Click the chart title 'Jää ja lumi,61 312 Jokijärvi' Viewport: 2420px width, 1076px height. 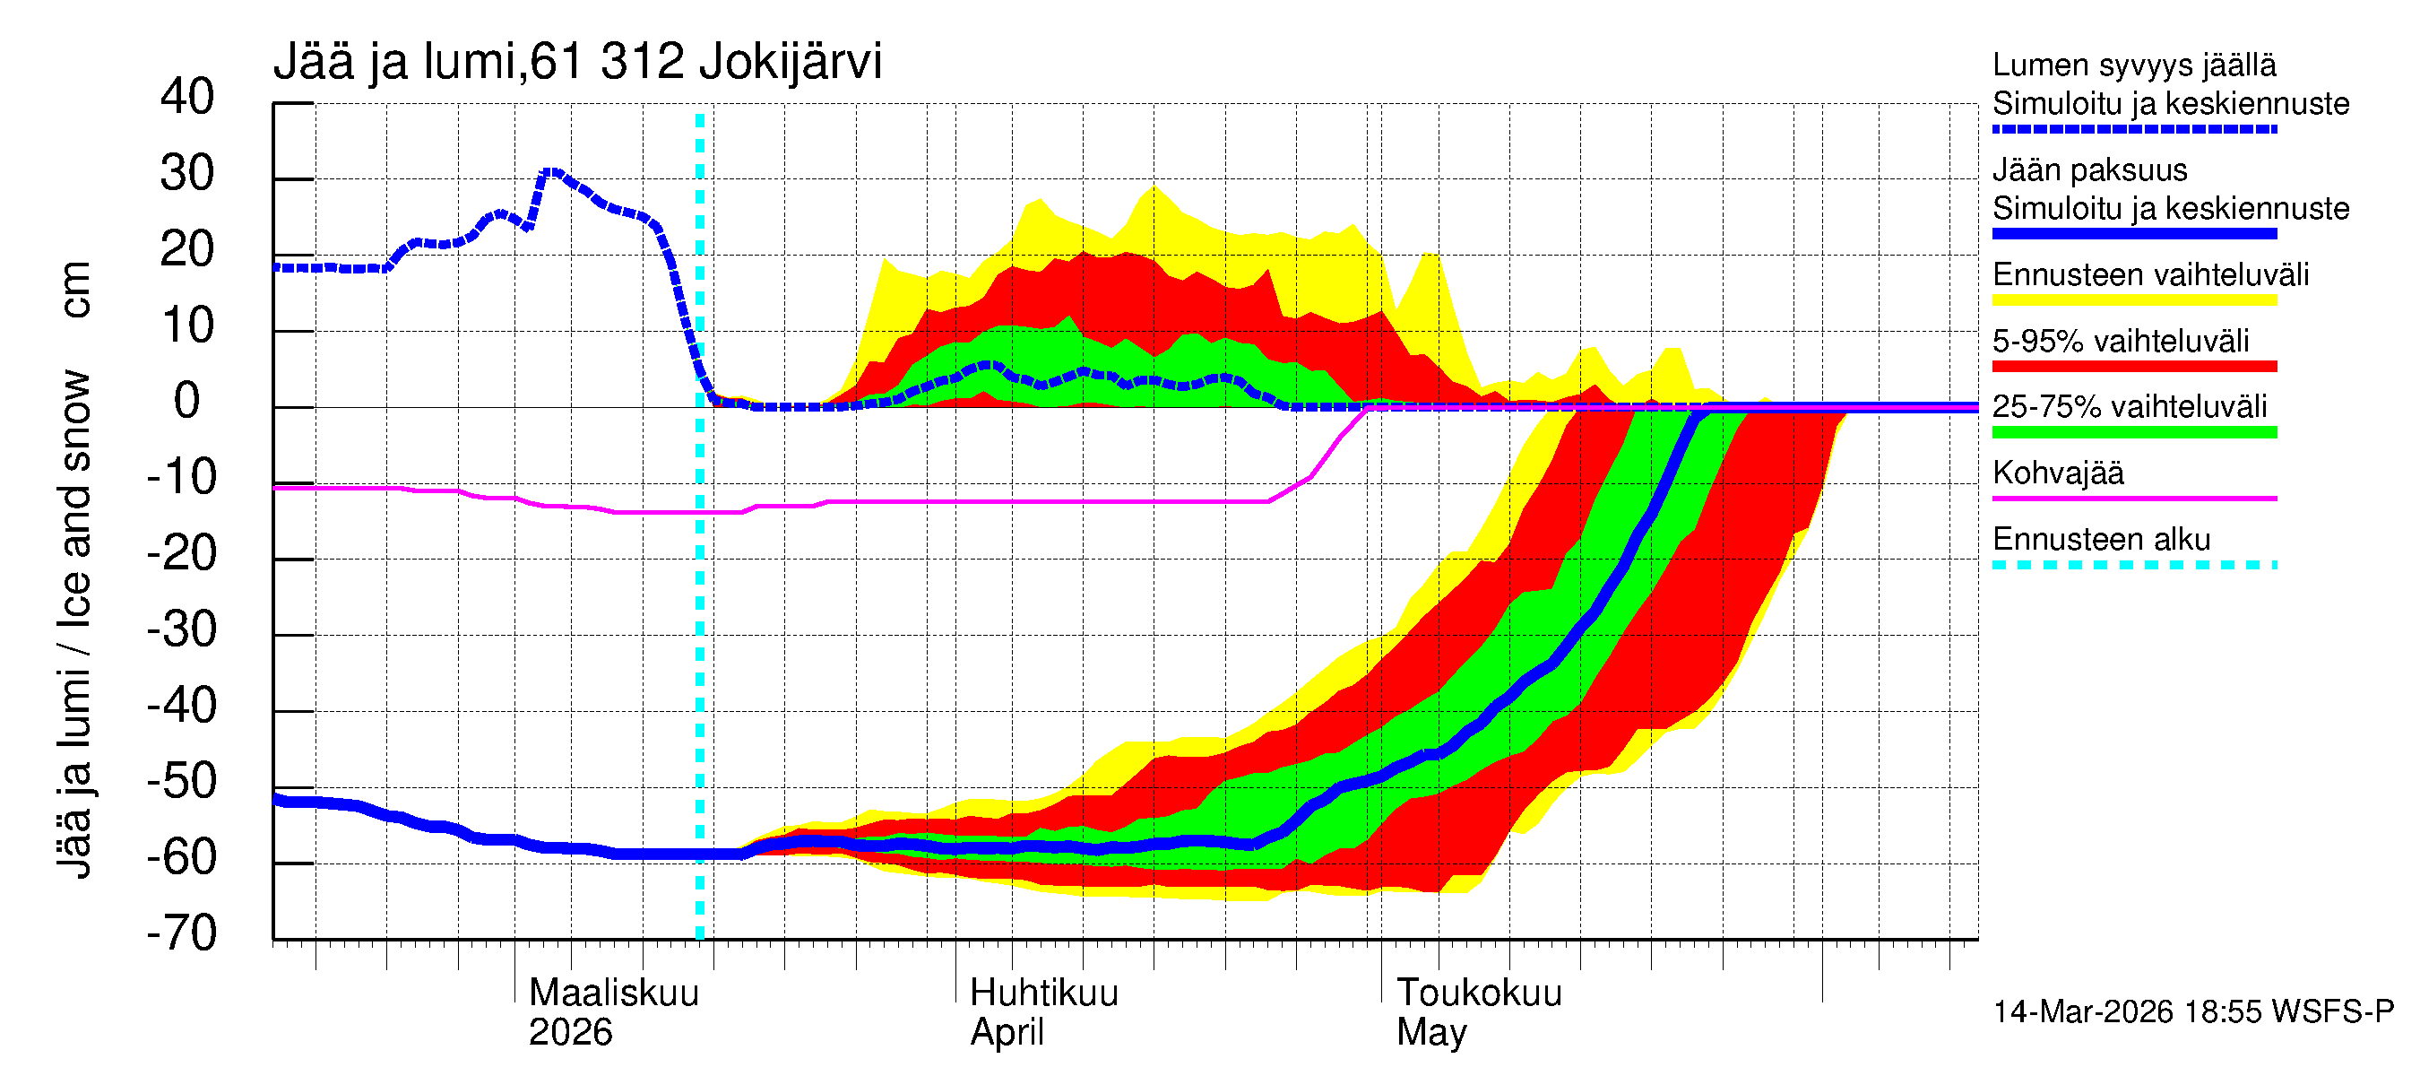(x=577, y=62)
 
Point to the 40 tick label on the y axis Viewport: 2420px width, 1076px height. (x=187, y=97)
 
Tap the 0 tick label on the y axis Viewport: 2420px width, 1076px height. (x=187, y=402)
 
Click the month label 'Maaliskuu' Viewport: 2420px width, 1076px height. (x=613, y=993)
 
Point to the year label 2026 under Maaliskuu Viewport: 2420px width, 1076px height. (x=570, y=1032)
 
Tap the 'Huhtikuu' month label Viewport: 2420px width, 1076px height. (x=1043, y=993)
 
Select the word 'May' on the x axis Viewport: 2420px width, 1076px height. (x=1430, y=1032)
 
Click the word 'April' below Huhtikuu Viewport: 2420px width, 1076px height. (x=1007, y=1032)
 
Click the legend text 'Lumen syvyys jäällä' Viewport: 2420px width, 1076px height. (x=2133, y=65)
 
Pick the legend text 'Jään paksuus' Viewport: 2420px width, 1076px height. (x=2089, y=170)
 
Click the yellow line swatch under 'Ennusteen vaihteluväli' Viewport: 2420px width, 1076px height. (x=2133, y=300)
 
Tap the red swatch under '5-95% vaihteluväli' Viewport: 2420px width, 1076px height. (x=2133, y=367)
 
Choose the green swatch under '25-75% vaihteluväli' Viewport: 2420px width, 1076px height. (x=2133, y=432)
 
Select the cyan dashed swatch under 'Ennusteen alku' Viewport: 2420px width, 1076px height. (x=2133, y=565)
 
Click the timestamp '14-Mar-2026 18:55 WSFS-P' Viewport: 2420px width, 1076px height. (x=2192, y=1012)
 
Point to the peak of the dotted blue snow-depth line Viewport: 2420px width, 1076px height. (x=551, y=171)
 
